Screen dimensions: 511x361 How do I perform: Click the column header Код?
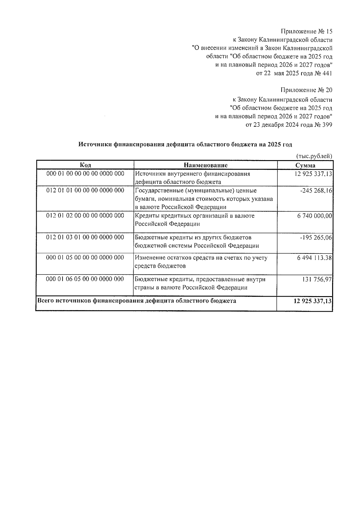[x=85, y=165]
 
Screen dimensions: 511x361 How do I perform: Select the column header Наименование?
[x=205, y=165]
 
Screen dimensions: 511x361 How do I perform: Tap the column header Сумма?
[x=305, y=165]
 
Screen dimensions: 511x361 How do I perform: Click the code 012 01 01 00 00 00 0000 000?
[x=85, y=190]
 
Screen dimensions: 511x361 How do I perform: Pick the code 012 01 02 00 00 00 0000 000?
[x=85, y=215]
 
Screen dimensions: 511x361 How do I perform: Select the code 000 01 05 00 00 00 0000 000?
[x=85, y=258]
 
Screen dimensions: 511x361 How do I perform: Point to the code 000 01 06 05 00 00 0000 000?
[x=85, y=279]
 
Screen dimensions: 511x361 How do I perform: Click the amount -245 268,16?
[x=316, y=191]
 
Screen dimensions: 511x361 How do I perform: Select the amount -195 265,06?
[x=316, y=237]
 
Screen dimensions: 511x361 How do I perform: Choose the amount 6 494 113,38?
[x=314, y=258]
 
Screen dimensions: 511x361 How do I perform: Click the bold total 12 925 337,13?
[x=313, y=301]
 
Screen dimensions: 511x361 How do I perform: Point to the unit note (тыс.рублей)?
[x=314, y=156]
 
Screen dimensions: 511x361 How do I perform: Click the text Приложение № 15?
[x=307, y=31]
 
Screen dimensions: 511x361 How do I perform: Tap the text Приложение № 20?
[x=306, y=90]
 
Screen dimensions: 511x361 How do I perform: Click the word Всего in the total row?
[x=45, y=301]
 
